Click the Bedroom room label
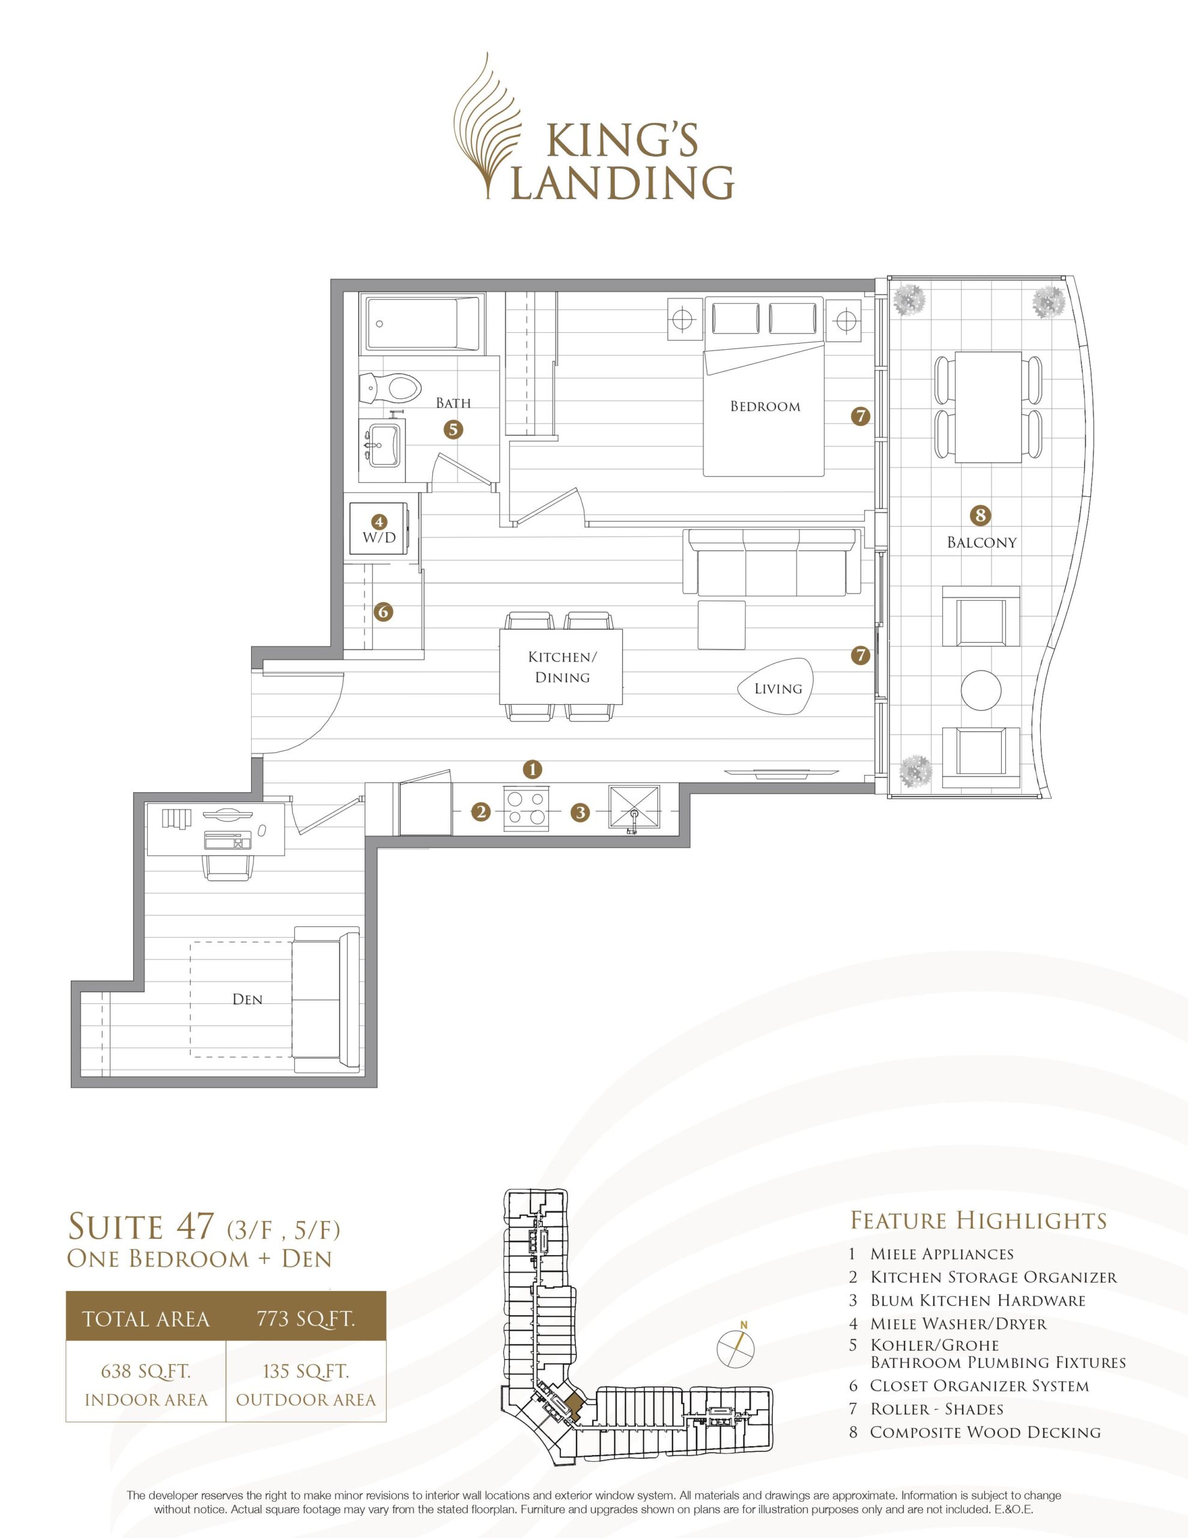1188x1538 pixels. pos(765,406)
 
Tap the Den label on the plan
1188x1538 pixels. pos(247,999)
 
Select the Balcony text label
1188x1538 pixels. pos(981,543)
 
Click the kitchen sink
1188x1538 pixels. pos(634,810)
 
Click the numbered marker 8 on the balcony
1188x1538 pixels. pos(980,515)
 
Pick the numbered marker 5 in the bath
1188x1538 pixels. pos(453,429)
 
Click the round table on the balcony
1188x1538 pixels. pos(981,690)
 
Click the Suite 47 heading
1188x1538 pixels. pos(140,1227)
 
